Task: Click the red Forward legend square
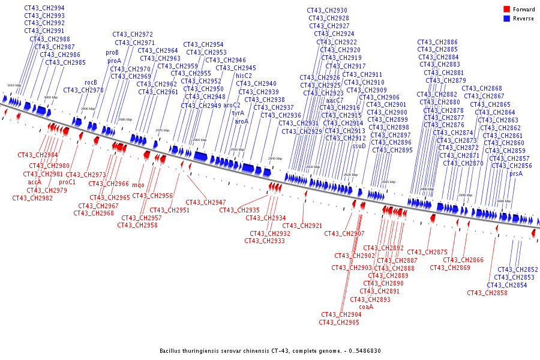(x=506, y=10)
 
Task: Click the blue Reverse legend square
(x=506, y=19)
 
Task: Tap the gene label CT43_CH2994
(x=44, y=8)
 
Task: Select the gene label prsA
(x=516, y=174)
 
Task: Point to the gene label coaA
(x=366, y=307)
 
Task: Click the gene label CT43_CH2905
(x=339, y=322)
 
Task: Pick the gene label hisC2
(x=244, y=76)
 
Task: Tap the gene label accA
(x=35, y=182)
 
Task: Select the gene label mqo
(x=138, y=185)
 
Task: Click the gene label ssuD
(x=359, y=146)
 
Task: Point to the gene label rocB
(x=91, y=82)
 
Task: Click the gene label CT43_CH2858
(x=487, y=293)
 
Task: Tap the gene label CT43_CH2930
(x=327, y=11)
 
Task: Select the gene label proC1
(x=67, y=182)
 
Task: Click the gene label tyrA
(x=238, y=113)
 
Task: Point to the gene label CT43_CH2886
(x=437, y=42)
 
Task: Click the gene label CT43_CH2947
(x=205, y=202)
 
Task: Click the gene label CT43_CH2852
(x=518, y=270)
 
